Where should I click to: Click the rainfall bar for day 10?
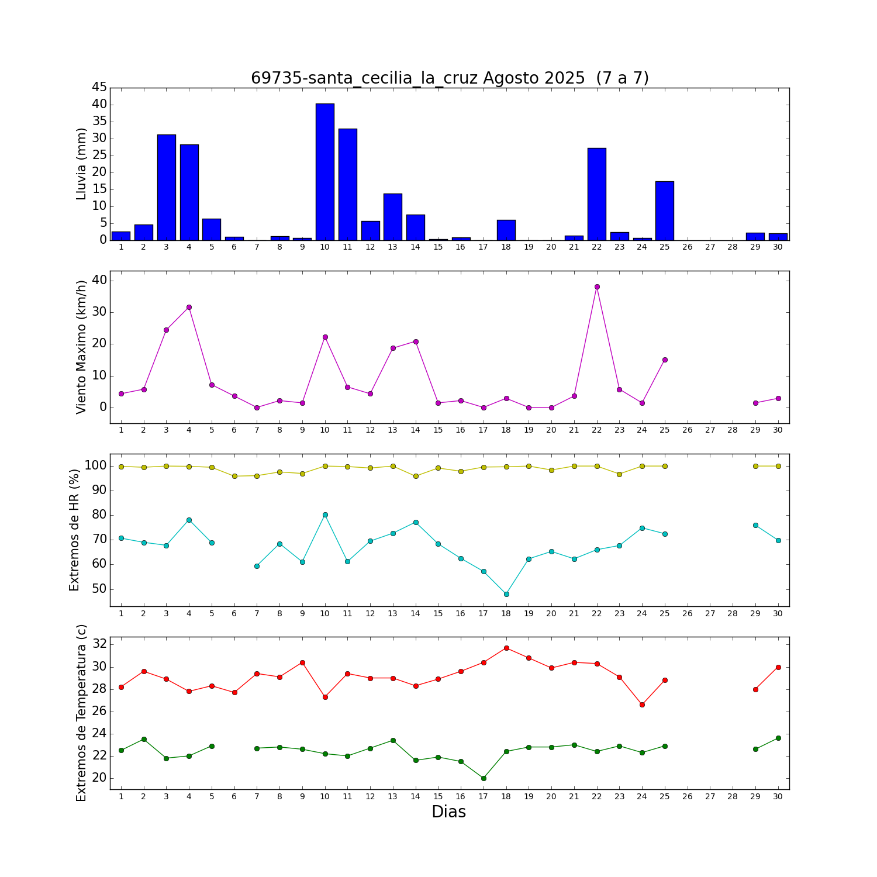[325, 172]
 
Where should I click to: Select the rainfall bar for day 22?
[597, 194]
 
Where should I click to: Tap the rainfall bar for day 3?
[166, 187]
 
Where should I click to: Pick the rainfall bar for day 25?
[665, 210]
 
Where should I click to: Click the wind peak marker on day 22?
[597, 286]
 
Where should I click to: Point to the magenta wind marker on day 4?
[189, 307]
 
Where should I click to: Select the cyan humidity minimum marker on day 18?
[506, 594]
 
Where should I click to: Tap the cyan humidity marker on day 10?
[325, 515]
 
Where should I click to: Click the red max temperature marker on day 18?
[506, 648]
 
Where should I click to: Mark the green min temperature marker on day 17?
[484, 778]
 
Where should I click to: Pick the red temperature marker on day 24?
[642, 705]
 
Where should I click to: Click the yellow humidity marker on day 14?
[416, 476]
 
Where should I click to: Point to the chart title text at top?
[450, 78]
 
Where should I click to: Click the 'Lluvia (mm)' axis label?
[81, 164]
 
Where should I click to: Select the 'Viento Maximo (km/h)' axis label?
[81, 347]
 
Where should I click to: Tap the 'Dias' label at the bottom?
[448, 812]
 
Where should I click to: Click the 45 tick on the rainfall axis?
[99, 88]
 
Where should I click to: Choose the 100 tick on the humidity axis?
[95, 466]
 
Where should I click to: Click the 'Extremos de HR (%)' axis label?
[74, 530]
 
